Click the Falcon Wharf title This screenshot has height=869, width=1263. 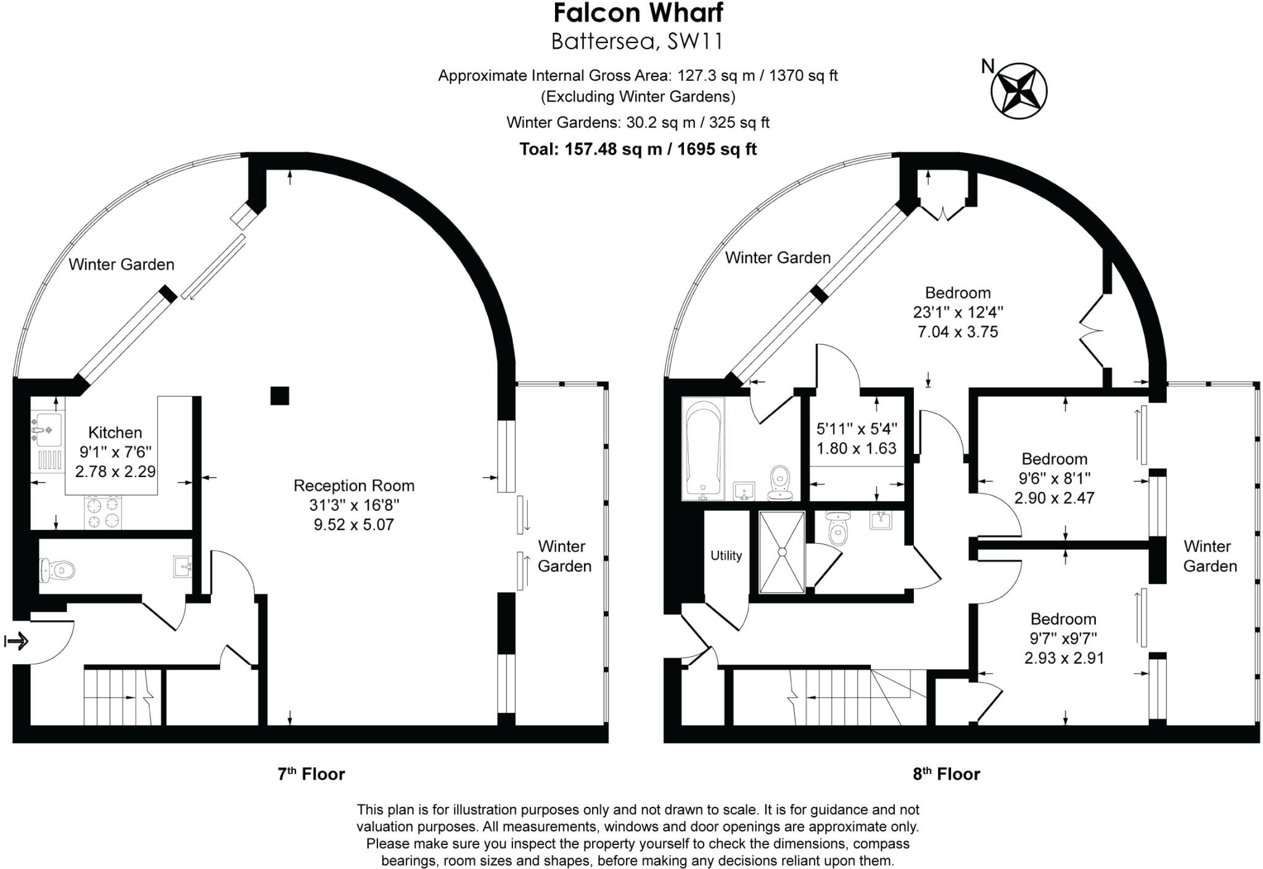tap(638, 14)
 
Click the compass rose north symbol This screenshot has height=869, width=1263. tap(1018, 91)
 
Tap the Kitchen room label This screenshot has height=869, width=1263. tap(115, 433)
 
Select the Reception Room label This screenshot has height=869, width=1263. tap(354, 486)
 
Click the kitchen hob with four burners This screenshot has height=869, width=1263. tap(103, 513)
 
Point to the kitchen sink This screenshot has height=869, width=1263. tap(47, 429)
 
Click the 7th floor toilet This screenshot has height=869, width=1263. tap(56, 569)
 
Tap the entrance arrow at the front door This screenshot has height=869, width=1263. tap(17, 642)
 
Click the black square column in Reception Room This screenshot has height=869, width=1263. tap(280, 396)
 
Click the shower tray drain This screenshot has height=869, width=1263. tap(782, 552)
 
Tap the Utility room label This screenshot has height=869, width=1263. tap(726, 556)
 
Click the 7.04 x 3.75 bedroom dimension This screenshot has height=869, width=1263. tap(958, 332)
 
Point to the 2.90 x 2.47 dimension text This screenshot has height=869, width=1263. tap(1054, 498)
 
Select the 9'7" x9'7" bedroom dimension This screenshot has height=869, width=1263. tap(1063, 638)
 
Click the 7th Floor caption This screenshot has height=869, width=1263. tap(311, 774)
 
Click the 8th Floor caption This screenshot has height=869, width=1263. tap(946, 774)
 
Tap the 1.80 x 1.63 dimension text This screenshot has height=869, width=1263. tap(856, 449)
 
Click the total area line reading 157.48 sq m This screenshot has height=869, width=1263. tap(638, 149)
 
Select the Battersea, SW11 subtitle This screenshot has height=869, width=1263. tap(637, 42)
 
